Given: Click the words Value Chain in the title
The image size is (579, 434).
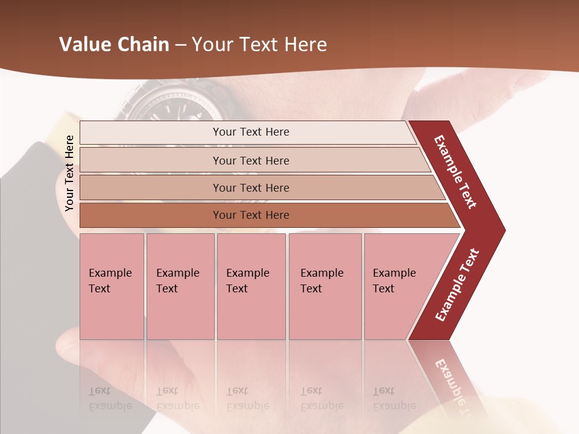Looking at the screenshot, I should click(114, 45).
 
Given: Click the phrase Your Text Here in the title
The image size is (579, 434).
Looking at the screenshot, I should click(259, 45).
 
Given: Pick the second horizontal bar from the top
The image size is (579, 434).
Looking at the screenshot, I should click(251, 160).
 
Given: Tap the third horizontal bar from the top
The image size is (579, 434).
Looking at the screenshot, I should click(251, 187).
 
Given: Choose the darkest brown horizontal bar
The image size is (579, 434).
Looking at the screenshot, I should click(251, 215).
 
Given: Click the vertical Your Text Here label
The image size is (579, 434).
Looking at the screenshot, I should click(69, 173).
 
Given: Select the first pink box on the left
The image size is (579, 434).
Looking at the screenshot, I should click(112, 286).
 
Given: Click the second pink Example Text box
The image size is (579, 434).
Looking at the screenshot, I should click(180, 286).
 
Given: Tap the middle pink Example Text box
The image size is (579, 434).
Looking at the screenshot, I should click(251, 286).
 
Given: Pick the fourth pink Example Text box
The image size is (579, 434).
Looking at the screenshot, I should click(325, 286).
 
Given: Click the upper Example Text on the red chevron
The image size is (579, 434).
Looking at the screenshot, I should click(456, 172).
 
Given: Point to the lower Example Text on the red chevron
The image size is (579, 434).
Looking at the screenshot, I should click(457, 285).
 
